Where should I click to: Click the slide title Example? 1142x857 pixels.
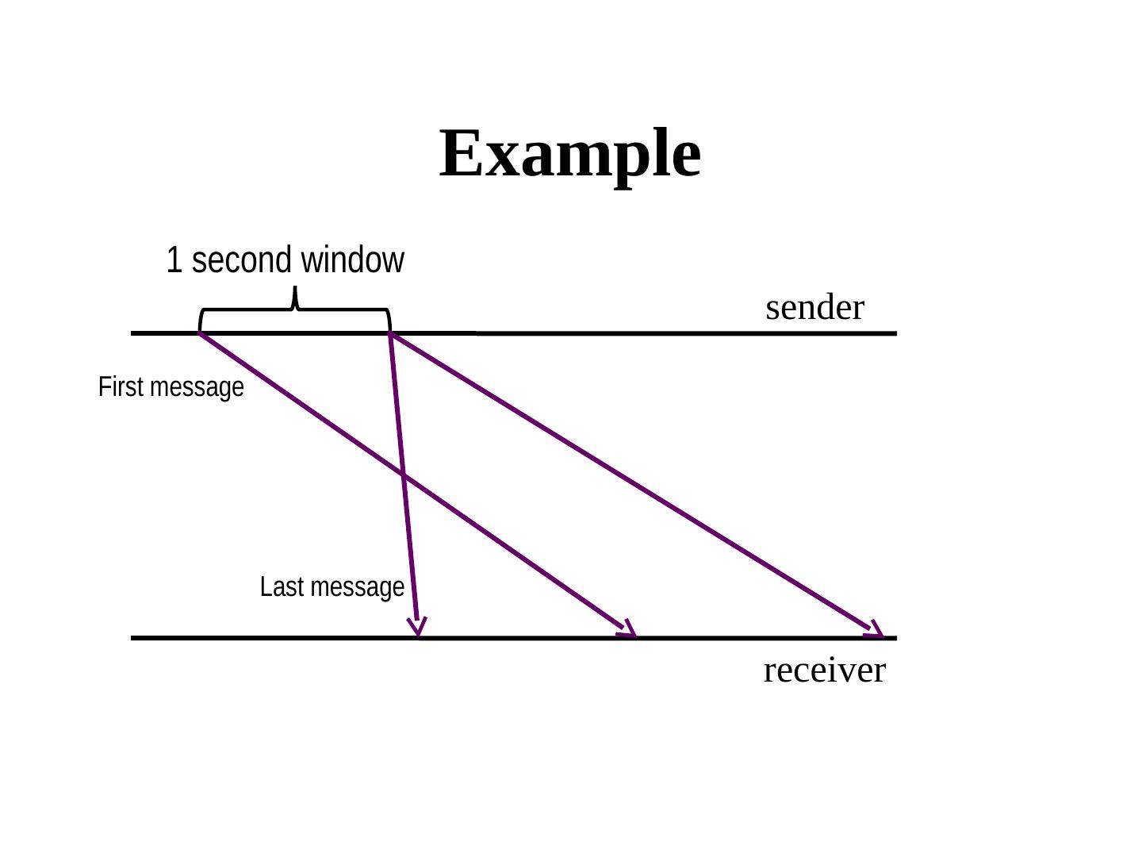(x=569, y=153)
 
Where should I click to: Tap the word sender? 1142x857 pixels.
(x=814, y=308)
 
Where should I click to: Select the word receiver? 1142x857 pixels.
(x=824, y=671)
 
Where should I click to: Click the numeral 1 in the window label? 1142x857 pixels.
(x=174, y=260)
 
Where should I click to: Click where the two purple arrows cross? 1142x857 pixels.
(x=403, y=475)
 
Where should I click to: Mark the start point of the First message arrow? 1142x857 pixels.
(x=200, y=334)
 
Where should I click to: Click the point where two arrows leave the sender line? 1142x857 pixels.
(x=390, y=334)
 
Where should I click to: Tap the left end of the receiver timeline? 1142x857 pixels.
(x=133, y=637)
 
